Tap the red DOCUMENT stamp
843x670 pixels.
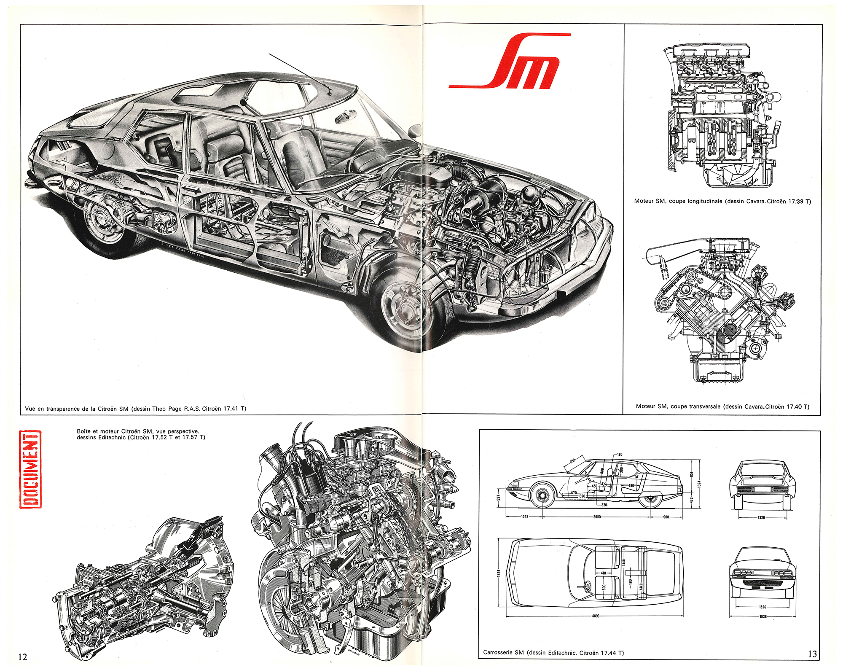[x=30, y=468]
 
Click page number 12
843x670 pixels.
[x=23, y=657]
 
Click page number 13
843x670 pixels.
[x=812, y=654]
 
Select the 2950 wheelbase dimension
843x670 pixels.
[x=597, y=517]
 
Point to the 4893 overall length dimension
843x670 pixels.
[x=596, y=616]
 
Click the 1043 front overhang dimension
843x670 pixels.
[x=524, y=517]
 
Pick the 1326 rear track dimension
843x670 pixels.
[x=761, y=517]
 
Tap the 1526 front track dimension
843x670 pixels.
[x=762, y=607]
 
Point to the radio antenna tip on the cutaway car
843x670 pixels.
[x=270, y=54]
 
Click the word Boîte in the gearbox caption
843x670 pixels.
[x=84, y=431]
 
